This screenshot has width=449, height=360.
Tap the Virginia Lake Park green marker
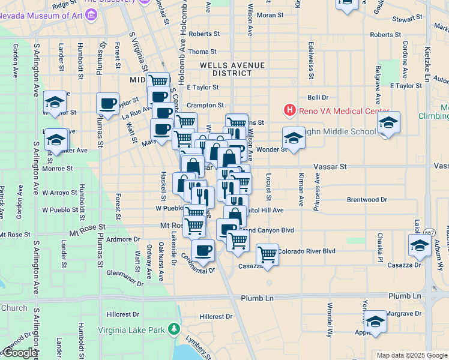174,329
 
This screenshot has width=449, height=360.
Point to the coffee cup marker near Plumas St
107,103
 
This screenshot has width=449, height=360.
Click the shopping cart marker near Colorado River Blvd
267,254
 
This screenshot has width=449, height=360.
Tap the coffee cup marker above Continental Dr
203,250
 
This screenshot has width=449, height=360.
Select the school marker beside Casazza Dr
420,245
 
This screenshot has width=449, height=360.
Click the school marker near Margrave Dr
375,321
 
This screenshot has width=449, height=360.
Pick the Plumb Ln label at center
257,298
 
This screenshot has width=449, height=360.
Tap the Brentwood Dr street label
367,199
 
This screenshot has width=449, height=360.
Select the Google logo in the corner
19,353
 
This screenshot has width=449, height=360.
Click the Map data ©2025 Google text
411,355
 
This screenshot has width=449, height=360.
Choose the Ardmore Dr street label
122,239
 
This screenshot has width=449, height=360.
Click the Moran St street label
271,14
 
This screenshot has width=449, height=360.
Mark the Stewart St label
408,20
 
